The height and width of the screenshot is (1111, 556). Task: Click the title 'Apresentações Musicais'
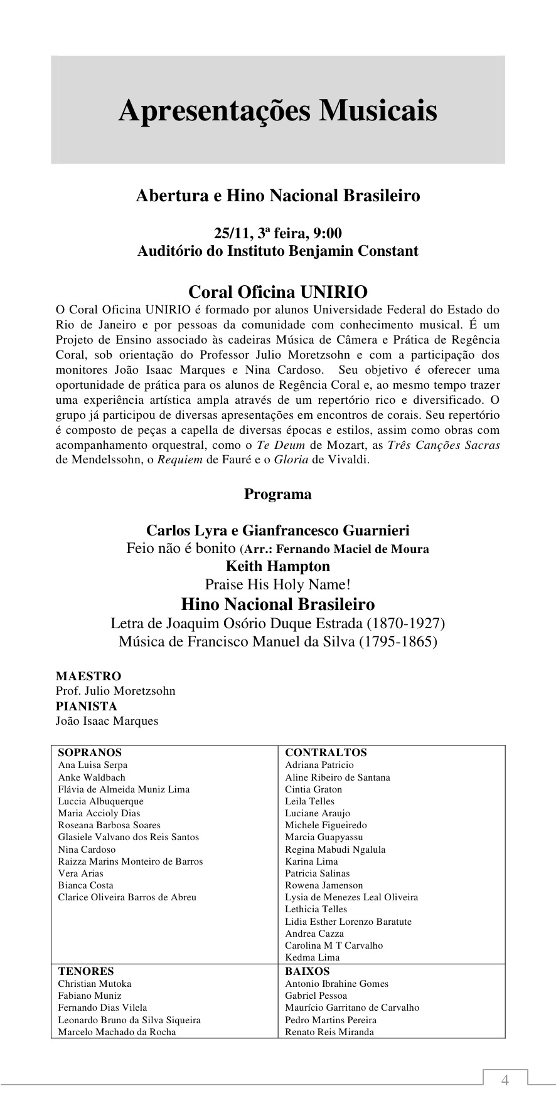tap(277, 111)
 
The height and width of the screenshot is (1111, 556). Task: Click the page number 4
tap(505, 1080)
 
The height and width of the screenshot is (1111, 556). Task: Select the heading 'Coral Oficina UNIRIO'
tap(277, 292)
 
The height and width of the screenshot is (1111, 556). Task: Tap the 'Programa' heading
tap(277, 494)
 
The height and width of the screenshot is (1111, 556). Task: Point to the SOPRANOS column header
tap(90, 752)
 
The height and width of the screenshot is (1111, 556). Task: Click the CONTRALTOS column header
tap(326, 752)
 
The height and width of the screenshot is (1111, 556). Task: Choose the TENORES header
tap(86, 971)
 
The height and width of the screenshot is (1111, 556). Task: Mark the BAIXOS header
tap(307, 971)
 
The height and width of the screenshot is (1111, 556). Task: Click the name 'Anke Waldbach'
tap(92, 777)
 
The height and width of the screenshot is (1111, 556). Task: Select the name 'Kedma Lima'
tap(312, 957)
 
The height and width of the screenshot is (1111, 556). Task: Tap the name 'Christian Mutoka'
tap(95, 984)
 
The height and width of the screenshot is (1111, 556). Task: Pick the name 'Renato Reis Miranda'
tap(329, 1032)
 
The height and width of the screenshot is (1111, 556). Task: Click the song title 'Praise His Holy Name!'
tap(277, 585)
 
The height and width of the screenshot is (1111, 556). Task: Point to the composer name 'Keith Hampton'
tap(277, 566)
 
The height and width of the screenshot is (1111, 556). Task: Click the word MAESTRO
tap(88, 676)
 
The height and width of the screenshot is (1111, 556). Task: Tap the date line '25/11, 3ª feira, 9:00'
tap(277, 233)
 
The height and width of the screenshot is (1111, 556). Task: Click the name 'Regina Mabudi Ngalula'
tap(335, 850)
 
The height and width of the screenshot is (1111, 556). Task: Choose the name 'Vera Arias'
tap(80, 873)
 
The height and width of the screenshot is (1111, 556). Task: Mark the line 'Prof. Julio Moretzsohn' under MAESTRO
tap(115, 691)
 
